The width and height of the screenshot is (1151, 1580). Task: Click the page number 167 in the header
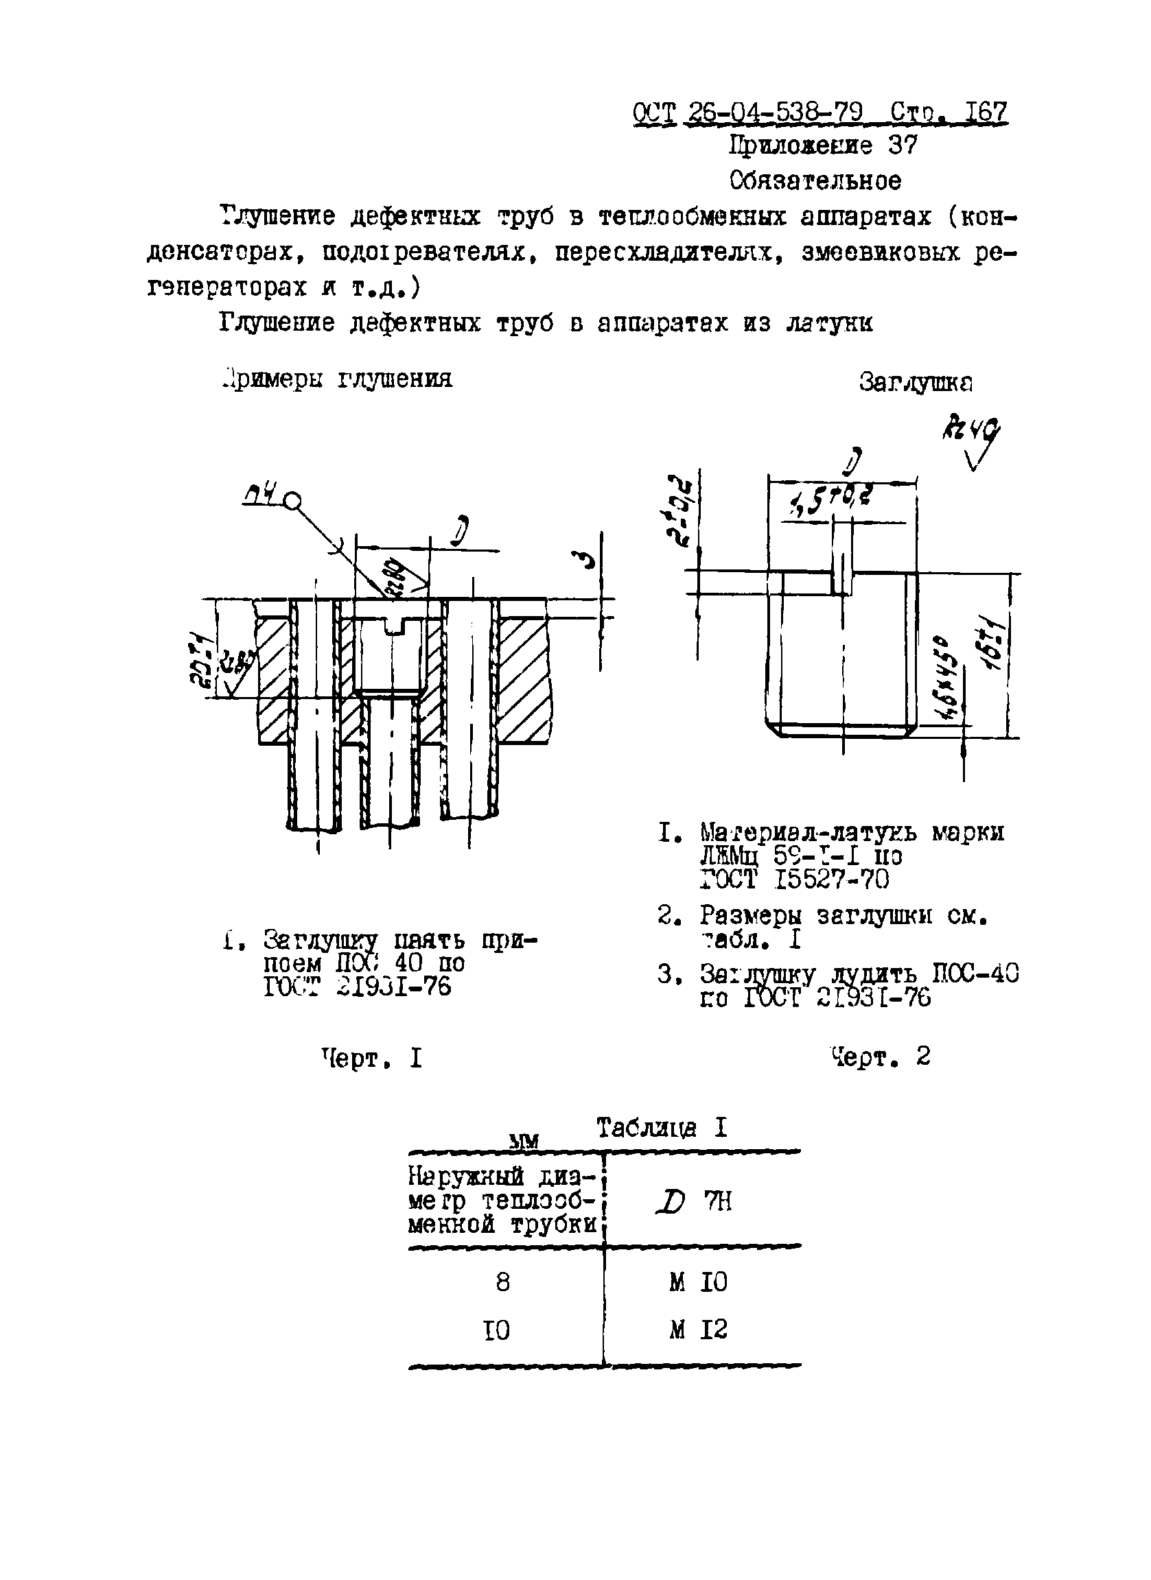click(985, 112)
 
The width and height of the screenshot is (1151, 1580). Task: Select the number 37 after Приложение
click(903, 145)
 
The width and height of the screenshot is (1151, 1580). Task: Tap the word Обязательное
click(815, 180)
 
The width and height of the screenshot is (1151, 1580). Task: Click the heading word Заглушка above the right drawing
click(916, 381)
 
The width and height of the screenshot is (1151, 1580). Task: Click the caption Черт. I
click(371, 1059)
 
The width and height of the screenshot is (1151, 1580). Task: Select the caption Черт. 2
click(881, 1057)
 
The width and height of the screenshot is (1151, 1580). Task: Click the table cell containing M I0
click(698, 1282)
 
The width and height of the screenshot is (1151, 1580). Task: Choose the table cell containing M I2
click(698, 1330)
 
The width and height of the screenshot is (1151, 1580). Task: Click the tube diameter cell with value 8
click(503, 1282)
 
